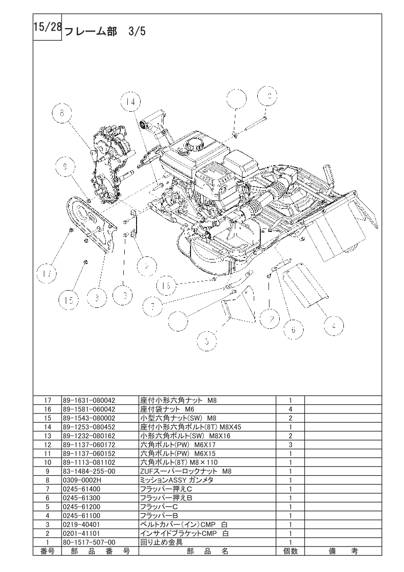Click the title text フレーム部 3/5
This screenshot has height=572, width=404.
click(105, 32)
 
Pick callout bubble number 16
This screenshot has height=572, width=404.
click(168, 284)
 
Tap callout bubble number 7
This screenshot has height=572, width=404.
click(152, 306)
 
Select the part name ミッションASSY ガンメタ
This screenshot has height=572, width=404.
click(176, 480)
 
